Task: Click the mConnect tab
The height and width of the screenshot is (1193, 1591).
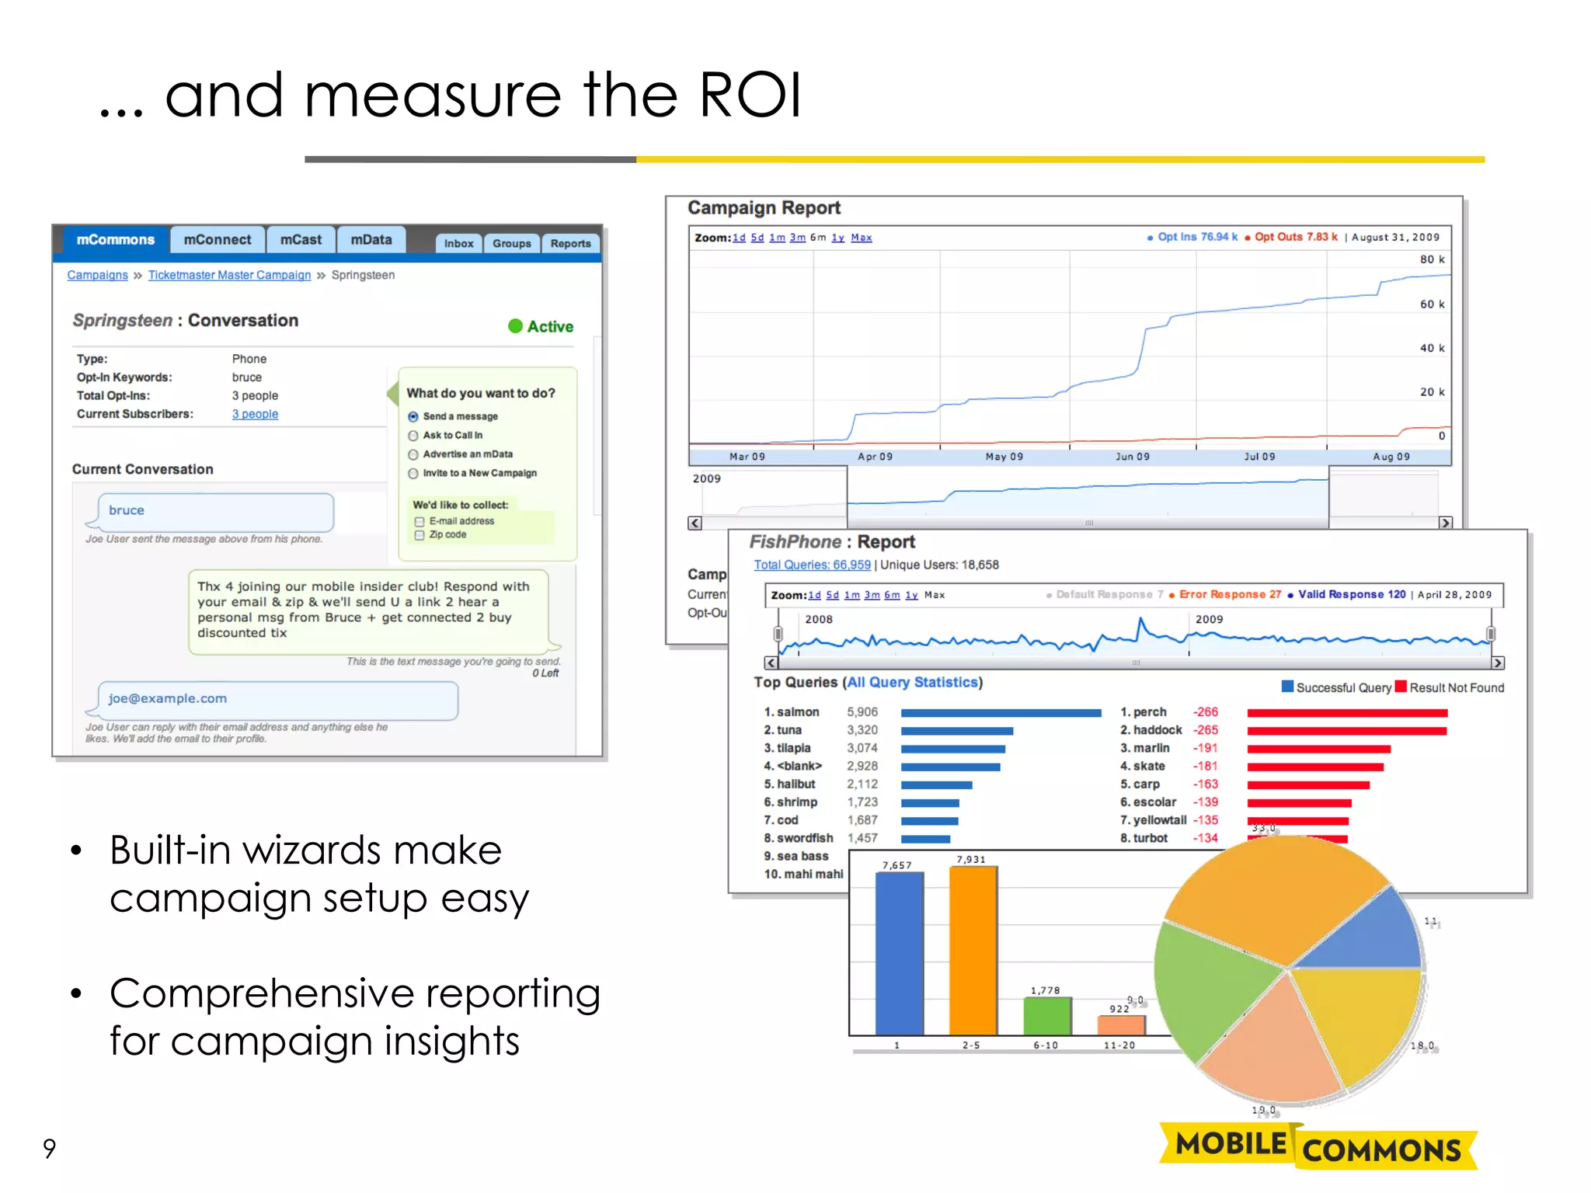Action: click(218, 240)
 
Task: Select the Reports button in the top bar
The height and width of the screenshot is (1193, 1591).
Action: click(570, 243)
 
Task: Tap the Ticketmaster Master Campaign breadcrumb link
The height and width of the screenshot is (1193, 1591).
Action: click(229, 275)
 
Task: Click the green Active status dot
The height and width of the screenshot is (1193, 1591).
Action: click(515, 326)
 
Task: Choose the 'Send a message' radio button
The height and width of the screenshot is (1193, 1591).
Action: click(413, 417)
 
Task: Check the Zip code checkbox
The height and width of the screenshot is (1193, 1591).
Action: click(420, 535)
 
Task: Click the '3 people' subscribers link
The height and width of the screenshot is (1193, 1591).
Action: click(255, 414)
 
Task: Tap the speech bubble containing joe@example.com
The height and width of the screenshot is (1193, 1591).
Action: click(277, 699)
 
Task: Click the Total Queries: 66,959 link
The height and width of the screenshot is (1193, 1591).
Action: click(812, 565)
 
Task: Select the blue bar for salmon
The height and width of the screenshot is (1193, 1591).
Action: click(1001, 712)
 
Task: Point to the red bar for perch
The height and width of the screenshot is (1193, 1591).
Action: click(1346, 712)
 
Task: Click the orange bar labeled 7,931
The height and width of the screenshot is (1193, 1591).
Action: click(973, 950)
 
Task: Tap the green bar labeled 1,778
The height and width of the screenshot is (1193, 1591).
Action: click(1046, 1015)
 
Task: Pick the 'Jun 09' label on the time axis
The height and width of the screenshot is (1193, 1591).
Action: click(1132, 457)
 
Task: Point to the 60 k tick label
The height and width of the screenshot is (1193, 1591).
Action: click(1432, 304)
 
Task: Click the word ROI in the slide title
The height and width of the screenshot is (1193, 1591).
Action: click(750, 95)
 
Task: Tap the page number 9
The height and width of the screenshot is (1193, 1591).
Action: click(50, 1148)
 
